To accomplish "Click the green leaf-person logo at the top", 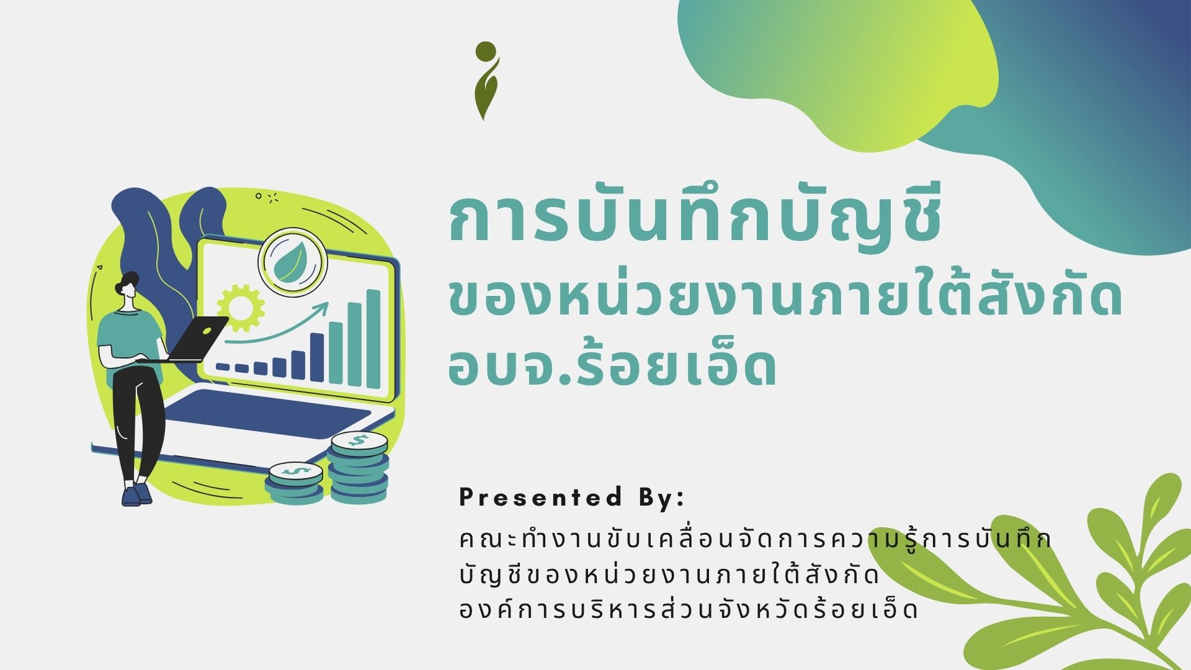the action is pos(486,81).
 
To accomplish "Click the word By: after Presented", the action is pos(660,498).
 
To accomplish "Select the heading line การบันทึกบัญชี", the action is pos(695,220).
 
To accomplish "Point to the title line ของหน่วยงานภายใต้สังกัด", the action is pos(785,300).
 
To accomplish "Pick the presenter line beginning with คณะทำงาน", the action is pos(755,538).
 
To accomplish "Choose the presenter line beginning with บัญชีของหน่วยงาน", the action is pos(669,575).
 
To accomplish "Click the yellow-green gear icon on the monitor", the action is pos(241,307).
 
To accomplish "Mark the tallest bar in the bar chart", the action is pos(373,339).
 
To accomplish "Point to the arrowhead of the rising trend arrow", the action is pos(323,306).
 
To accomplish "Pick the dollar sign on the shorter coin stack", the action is pos(295,471).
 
